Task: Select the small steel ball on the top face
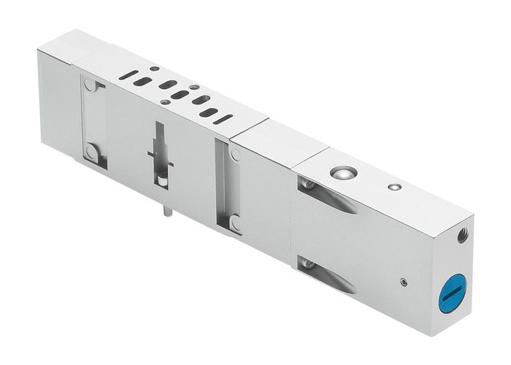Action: coord(394,187)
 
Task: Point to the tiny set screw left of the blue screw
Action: coord(402,279)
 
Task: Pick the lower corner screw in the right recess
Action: coord(235,221)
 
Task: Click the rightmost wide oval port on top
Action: coord(210,113)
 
